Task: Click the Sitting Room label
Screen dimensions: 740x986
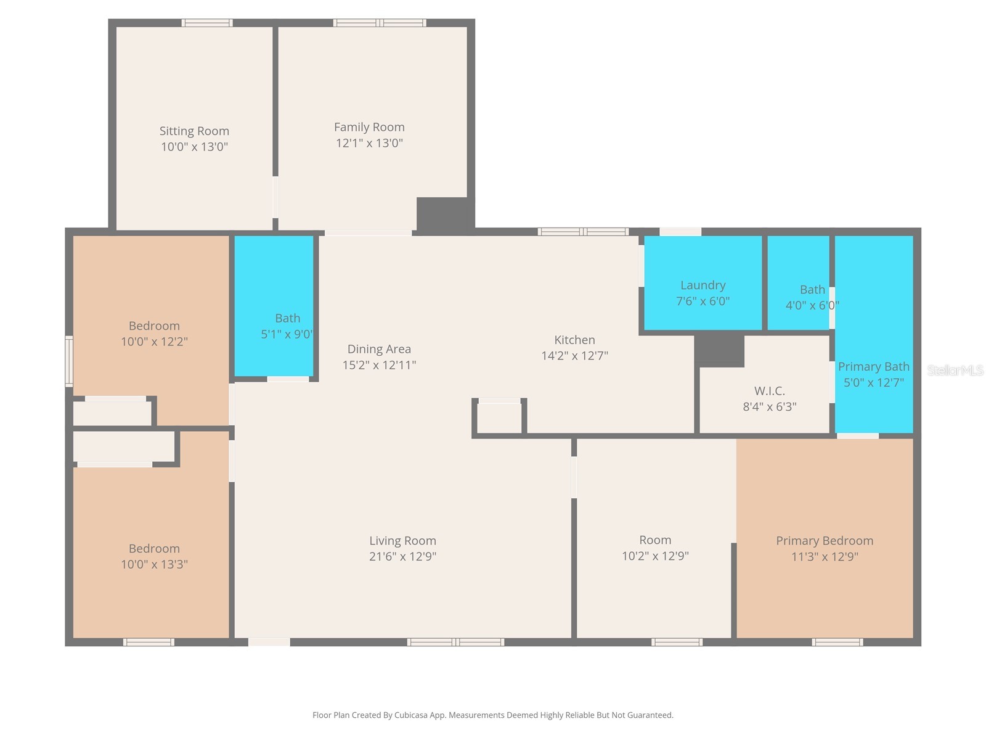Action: (x=194, y=131)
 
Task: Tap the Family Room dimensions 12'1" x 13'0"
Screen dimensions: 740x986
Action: (x=369, y=143)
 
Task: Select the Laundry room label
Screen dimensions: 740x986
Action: (x=703, y=285)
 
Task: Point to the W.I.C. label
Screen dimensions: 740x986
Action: (x=769, y=391)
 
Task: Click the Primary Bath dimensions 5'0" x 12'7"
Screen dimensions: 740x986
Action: (x=873, y=382)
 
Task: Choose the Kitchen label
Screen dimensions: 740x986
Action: (x=574, y=340)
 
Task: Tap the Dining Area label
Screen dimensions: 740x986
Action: (x=379, y=349)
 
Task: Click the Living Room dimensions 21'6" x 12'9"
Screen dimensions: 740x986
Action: (x=402, y=556)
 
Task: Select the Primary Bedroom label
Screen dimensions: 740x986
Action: (x=824, y=541)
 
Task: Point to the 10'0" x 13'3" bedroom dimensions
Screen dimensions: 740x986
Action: (x=154, y=564)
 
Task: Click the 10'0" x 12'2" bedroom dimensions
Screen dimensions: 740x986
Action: (x=154, y=342)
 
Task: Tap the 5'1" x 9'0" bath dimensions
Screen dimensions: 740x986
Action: (x=287, y=334)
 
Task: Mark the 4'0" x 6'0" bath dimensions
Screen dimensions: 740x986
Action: (x=812, y=305)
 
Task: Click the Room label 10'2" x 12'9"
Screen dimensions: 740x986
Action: (x=654, y=540)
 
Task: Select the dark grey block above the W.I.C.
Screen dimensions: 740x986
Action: (x=719, y=350)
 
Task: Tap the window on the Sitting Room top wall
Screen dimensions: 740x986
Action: (x=207, y=23)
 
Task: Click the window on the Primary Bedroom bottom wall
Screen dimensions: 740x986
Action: (x=837, y=643)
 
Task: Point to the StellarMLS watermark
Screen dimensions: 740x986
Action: (x=955, y=371)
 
